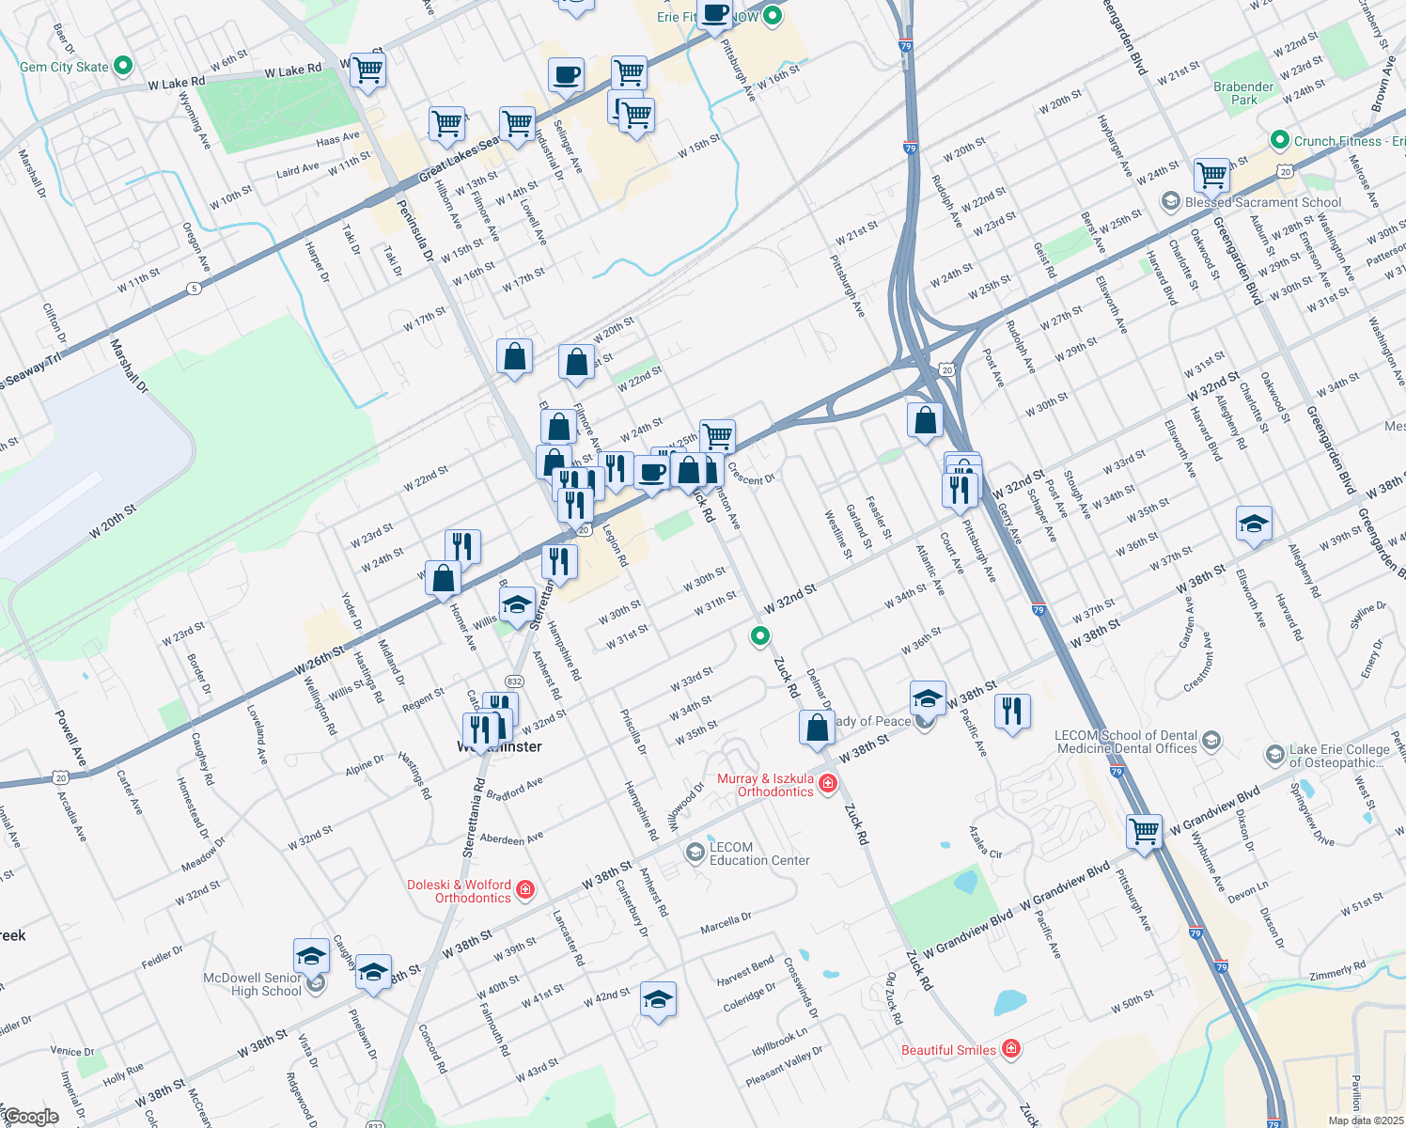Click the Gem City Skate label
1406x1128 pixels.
pyautogui.click(x=64, y=67)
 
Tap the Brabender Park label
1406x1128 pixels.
pyautogui.click(x=1243, y=93)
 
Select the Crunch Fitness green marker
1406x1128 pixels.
pyautogui.click(x=1279, y=140)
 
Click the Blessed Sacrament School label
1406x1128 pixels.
pyautogui.click(x=1263, y=202)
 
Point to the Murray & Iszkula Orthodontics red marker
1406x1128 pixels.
pyautogui.click(x=828, y=783)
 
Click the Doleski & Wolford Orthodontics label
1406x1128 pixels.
pyautogui.click(x=460, y=891)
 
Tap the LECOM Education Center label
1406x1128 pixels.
pyautogui.click(x=759, y=854)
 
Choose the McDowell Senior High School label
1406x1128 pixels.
pyautogui.click(x=253, y=984)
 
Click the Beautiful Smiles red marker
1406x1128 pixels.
pyautogui.click(x=1011, y=1048)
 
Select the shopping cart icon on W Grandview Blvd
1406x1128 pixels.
pyautogui.click(x=1144, y=831)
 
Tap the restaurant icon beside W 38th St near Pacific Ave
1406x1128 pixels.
pyautogui.click(x=1011, y=711)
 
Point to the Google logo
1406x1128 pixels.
pyautogui.click(x=31, y=1117)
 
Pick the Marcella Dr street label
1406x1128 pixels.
pyautogui.click(x=726, y=924)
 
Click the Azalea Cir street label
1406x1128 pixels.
pyautogui.click(x=986, y=841)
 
